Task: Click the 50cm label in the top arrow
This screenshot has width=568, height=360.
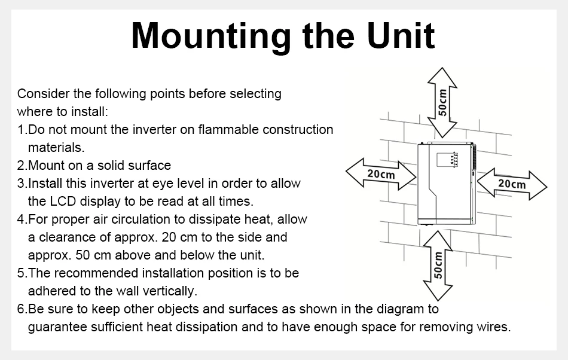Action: pos(442,102)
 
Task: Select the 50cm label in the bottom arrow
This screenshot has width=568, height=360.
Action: pos(438,265)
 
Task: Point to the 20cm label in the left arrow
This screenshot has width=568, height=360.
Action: pos(381,174)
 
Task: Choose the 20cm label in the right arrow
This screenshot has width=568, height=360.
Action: pos(512,184)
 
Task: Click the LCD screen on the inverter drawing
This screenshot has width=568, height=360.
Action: pos(445,160)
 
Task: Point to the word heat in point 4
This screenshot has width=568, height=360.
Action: pos(245,219)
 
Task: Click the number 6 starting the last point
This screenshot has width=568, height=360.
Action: pos(21,309)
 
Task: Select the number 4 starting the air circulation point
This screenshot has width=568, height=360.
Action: pos(21,219)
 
